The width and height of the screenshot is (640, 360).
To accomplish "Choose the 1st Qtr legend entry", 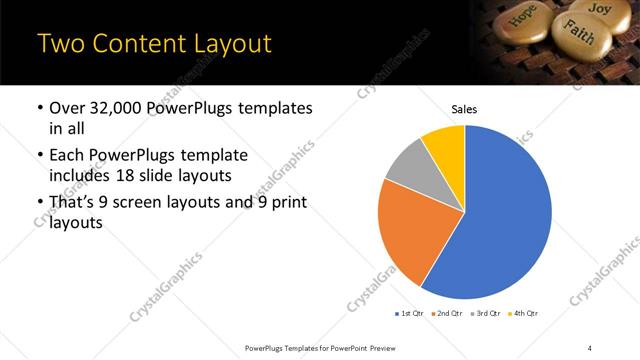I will (410, 314).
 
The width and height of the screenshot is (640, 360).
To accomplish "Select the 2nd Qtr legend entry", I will (448, 314).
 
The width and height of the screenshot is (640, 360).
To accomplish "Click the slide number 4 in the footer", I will (590, 347).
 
